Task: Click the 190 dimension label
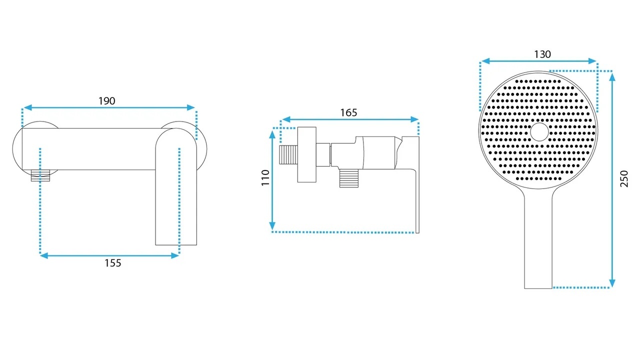(x=107, y=101)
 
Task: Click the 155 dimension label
(x=113, y=263)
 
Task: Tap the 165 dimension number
(x=348, y=112)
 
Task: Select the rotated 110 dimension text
(x=265, y=177)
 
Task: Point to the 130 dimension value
(x=542, y=54)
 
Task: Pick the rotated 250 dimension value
(x=624, y=178)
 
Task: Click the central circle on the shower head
(x=539, y=132)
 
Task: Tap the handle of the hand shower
(x=538, y=240)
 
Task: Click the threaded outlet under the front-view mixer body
(x=40, y=175)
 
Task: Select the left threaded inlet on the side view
(x=288, y=155)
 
